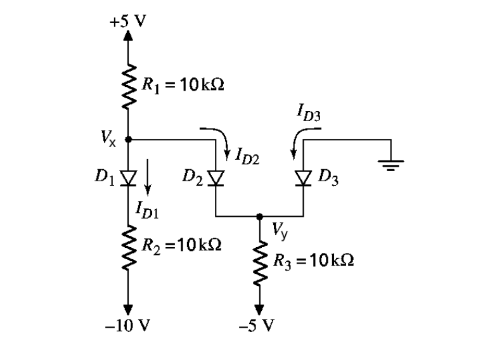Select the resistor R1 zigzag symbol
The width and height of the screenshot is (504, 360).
[x=129, y=85]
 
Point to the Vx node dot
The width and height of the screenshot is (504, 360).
[x=129, y=139]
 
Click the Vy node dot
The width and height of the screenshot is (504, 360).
[x=259, y=217]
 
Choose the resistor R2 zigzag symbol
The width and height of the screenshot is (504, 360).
[x=129, y=247]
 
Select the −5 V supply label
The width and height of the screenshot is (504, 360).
[x=260, y=326]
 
